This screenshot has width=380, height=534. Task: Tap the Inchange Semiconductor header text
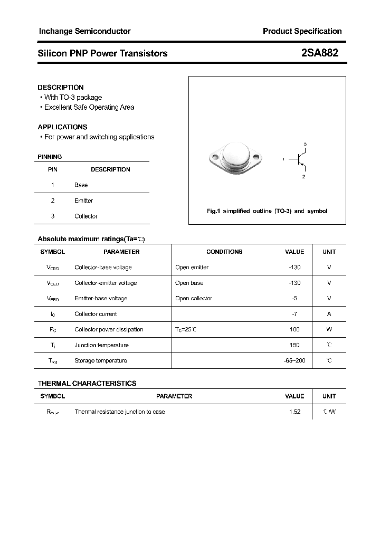[x=84, y=31]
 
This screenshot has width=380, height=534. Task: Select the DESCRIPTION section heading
[x=61, y=87]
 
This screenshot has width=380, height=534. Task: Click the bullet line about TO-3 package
[x=72, y=97]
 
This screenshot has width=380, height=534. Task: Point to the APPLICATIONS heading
[x=62, y=127]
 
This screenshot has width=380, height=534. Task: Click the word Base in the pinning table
[x=81, y=185]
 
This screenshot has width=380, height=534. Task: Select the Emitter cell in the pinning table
[x=83, y=201]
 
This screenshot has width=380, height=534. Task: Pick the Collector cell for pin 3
[x=86, y=216]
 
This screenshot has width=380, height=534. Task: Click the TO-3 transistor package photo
[x=235, y=157]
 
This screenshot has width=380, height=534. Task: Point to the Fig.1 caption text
[x=267, y=211]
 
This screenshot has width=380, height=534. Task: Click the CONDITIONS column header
[x=224, y=252]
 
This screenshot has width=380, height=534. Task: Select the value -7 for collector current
[x=294, y=313]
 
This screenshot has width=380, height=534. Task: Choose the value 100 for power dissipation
[x=294, y=329]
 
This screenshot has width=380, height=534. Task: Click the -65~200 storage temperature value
[x=294, y=360]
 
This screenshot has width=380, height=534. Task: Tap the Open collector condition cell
[x=194, y=298]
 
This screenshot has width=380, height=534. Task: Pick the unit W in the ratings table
[x=329, y=329]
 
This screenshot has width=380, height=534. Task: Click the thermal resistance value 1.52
[x=294, y=412]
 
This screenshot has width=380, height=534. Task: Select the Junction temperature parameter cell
[x=101, y=345]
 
